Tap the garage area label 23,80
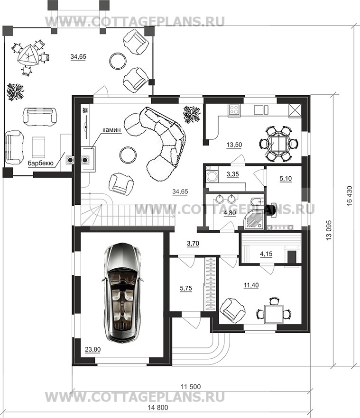click(x=92, y=349)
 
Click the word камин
click(x=111, y=130)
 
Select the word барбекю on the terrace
click(x=41, y=163)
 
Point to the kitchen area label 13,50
click(x=234, y=145)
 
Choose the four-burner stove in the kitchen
click(x=234, y=110)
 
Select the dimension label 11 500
click(x=191, y=386)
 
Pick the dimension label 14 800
click(x=158, y=408)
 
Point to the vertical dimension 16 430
click(x=350, y=196)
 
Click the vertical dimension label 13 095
click(x=329, y=230)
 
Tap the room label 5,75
click(x=186, y=288)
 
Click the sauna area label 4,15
click(x=266, y=254)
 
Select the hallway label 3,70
click(x=193, y=244)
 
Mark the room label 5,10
click(x=286, y=178)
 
